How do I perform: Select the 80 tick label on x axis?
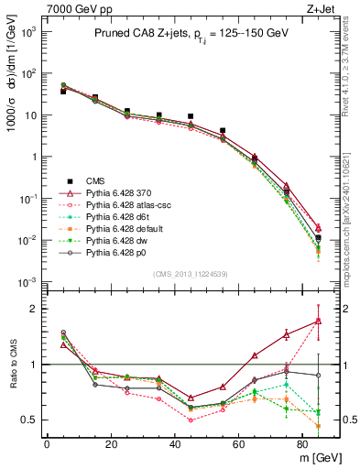303,445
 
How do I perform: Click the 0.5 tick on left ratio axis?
31,420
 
